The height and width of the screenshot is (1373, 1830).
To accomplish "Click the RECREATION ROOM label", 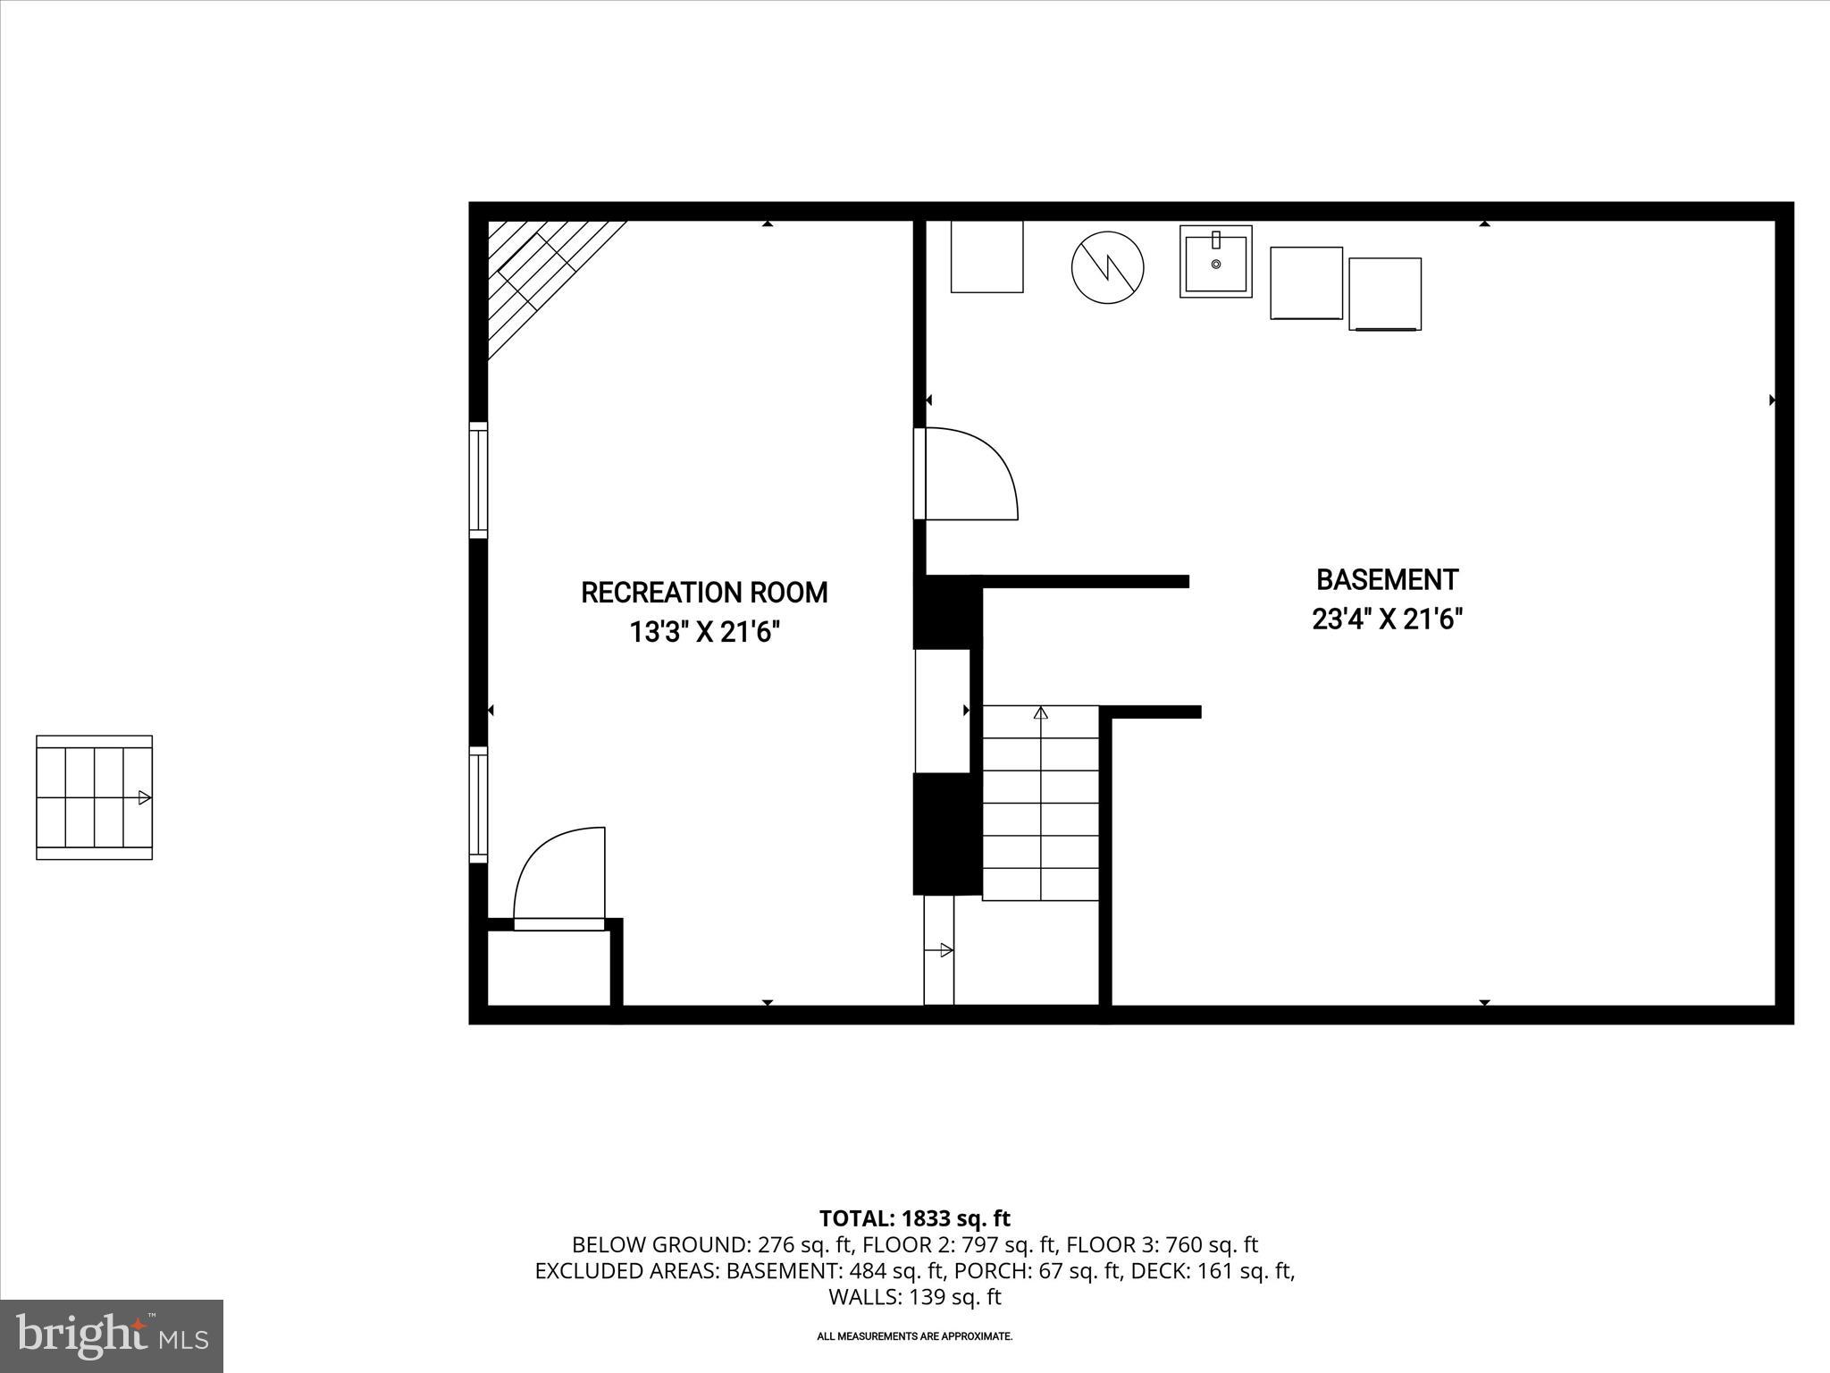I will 704,593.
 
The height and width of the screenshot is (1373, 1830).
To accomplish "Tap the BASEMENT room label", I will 1387,579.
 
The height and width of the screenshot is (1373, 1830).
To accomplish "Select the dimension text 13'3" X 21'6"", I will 704,632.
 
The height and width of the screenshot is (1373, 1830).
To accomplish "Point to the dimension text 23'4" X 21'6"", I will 1387,619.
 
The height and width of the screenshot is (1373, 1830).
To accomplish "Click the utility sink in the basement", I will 1215,261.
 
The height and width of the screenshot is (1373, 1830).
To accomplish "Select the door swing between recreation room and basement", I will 969,474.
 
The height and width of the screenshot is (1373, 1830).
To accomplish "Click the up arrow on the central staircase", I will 1040,713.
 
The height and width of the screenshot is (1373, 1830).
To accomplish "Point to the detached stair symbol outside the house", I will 94,797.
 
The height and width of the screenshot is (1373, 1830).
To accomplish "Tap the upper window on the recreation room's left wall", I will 479,480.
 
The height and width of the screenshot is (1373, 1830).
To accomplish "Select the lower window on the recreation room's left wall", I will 479,804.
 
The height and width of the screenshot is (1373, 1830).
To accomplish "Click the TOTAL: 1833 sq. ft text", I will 914,1218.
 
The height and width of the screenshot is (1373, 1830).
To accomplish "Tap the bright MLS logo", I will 112,1335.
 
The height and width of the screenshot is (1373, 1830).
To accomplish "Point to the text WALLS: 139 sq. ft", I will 914,1297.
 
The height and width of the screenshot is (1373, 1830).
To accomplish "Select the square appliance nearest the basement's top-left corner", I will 986,257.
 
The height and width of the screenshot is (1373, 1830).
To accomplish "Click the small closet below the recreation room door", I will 549,967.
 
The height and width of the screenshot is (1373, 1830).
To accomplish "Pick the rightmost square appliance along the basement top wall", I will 1384,294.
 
